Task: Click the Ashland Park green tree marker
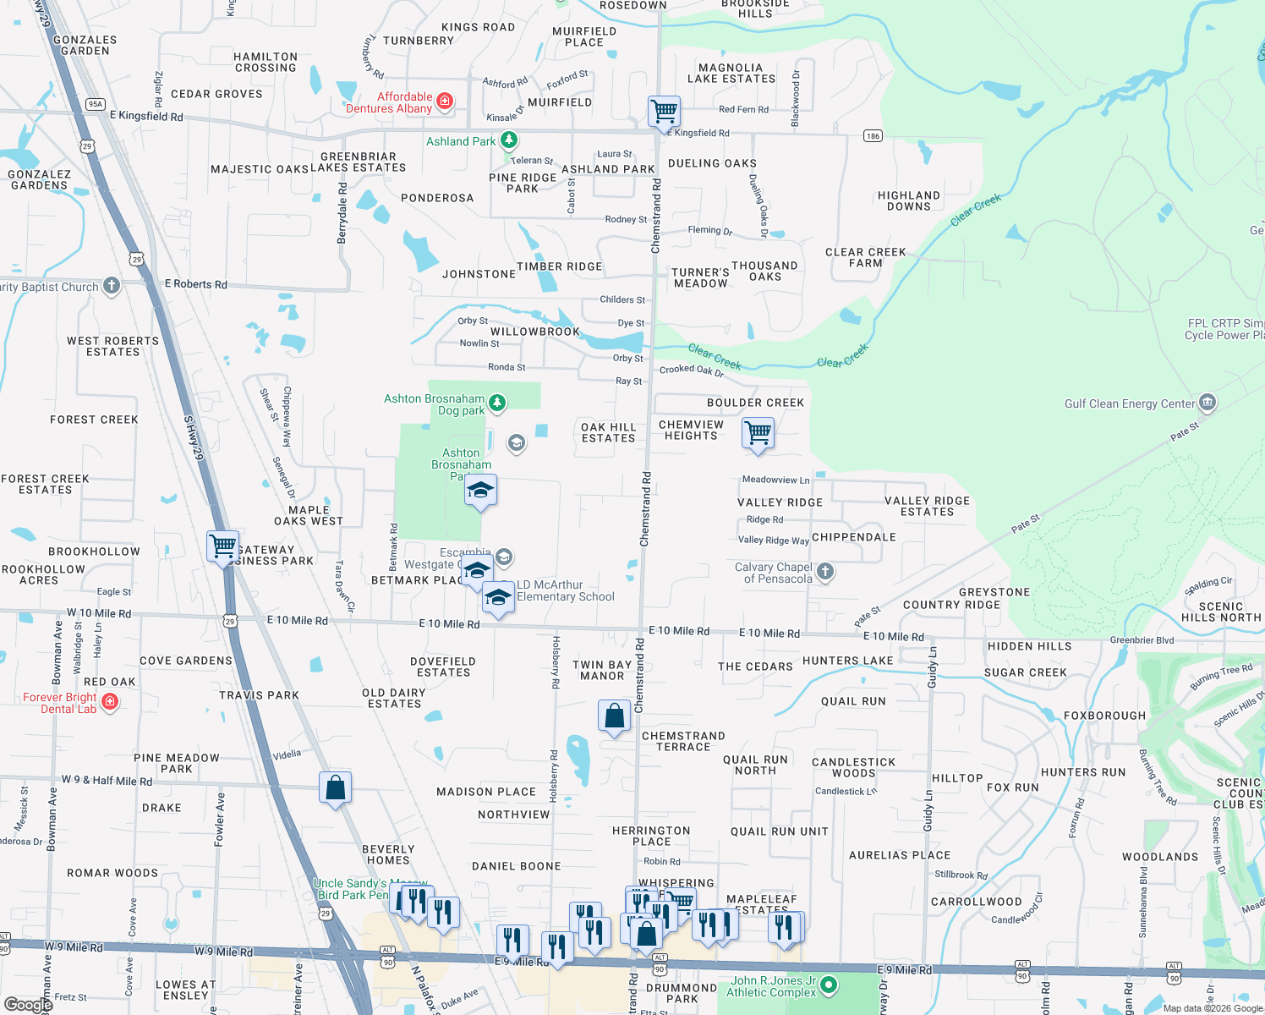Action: point(508,140)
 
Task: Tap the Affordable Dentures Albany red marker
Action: point(444,102)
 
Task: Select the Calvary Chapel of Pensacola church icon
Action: point(825,573)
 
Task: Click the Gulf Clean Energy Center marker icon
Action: point(1207,403)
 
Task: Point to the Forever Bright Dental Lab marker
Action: point(109,702)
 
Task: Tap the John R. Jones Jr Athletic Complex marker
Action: point(829,985)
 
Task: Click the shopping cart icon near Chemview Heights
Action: point(758,433)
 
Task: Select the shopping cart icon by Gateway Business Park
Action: point(223,546)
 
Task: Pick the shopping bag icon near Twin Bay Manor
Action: point(615,716)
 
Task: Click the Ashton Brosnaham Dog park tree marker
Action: point(497,403)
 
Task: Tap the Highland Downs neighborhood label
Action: point(909,200)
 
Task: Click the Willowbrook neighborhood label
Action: point(535,332)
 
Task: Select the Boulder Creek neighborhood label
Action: point(755,403)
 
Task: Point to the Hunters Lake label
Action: point(847,661)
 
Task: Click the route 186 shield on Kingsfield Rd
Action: point(873,135)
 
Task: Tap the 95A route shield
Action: point(95,104)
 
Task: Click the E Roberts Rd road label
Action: point(195,284)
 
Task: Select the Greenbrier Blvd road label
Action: point(1142,640)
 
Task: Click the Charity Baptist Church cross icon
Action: point(111,286)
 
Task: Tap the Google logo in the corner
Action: point(29,1004)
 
